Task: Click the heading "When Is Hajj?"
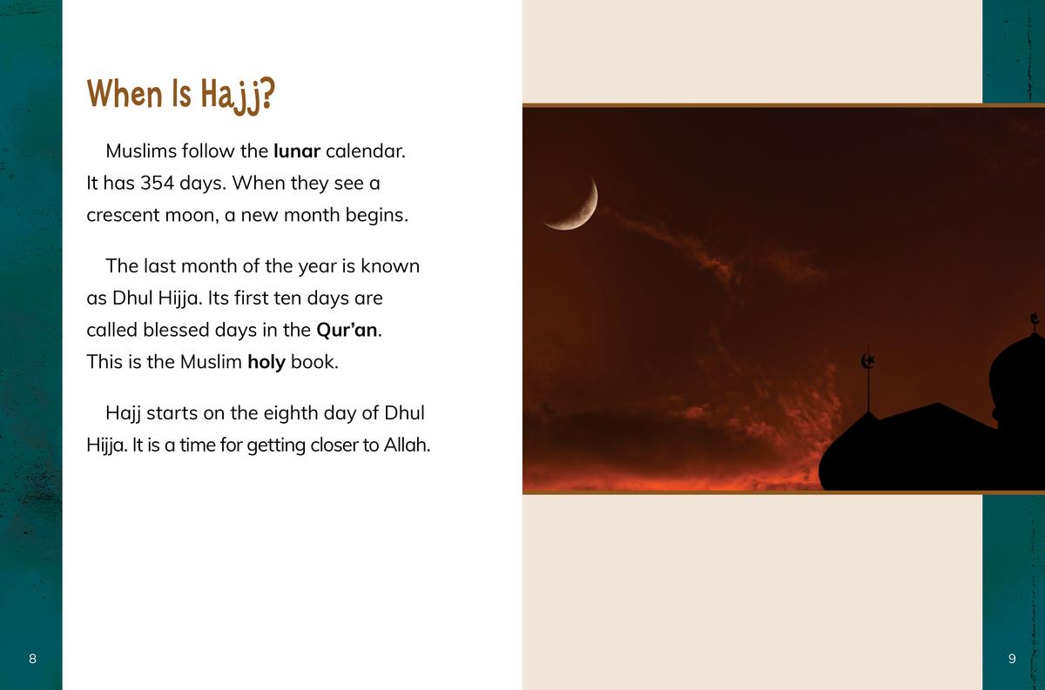click(181, 95)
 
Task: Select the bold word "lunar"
click(297, 151)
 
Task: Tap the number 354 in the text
click(158, 184)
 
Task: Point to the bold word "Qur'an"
click(347, 330)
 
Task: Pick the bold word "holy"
click(266, 362)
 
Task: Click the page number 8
click(32, 659)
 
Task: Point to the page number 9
click(1012, 659)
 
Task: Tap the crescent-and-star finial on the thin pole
click(867, 361)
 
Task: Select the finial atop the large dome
click(1035, 321)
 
